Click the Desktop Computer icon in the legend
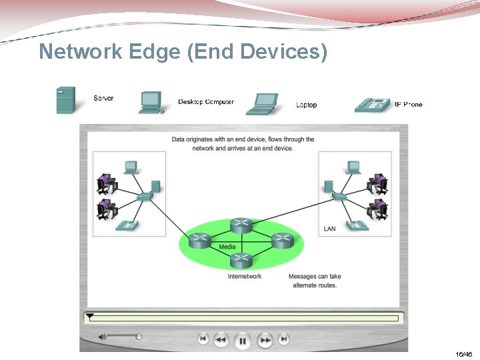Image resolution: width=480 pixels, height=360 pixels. click(151, 102)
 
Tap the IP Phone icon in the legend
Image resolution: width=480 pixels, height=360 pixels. click(372, 104)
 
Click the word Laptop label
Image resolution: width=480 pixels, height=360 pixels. click(306, 105)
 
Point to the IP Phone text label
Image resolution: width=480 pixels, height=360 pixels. click(408, 104)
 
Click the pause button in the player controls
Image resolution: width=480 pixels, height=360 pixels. click(243, 341)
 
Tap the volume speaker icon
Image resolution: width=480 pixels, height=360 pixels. click(102, 337)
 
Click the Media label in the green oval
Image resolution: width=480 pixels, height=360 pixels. click(227, 247)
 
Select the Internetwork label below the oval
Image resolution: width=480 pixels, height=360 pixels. click(245, 276)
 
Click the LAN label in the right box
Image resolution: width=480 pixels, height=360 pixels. click(329, 229)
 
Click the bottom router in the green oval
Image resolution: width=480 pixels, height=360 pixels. click(241, 259)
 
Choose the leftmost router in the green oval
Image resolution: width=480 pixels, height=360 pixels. click(199, 241)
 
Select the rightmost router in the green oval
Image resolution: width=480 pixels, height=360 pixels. click(282, 241)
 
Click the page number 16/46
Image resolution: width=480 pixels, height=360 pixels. click(464, 354)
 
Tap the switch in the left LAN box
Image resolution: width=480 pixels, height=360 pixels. click(144, 197)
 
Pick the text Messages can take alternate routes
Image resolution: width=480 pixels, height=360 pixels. click(314, 281)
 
